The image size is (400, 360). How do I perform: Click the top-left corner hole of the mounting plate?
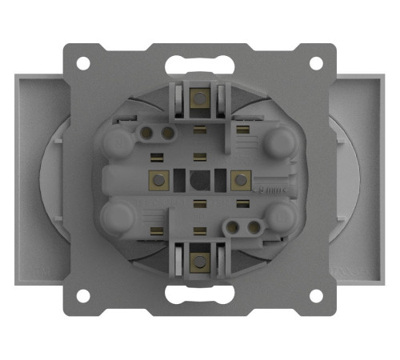tap(84, 63)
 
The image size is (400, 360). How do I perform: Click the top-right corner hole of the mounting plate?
tap(316, 63)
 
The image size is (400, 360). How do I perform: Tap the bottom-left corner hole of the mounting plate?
tap(84, 296)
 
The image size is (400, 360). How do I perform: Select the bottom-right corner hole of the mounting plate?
tap(316, 296)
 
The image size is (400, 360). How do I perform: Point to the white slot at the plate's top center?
tap(199, 63)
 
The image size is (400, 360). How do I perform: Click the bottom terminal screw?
tap(198, 259)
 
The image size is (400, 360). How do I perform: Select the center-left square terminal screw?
tap(158, 180)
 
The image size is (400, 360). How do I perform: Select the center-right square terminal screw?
tap(238, 180)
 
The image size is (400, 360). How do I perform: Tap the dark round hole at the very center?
tap(198, 180)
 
